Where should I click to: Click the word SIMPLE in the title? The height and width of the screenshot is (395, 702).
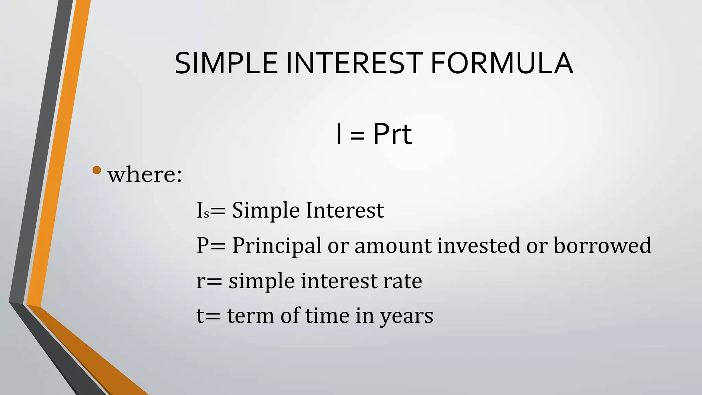tap(226, 63)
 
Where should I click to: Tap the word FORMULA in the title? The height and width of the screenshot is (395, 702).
tap(501, 63)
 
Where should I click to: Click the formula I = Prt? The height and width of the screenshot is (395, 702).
tap(374, 134)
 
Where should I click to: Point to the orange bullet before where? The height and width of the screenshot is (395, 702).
tap(97, 170)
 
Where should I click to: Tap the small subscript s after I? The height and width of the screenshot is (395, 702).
tap(206, 214)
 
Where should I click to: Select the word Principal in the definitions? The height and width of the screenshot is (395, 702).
tap(277, 246)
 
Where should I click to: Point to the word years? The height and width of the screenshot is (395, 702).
tap(407, 316)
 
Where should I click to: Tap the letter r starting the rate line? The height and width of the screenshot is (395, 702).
tap(200, 282)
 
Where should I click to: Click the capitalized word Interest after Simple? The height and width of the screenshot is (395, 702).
tap(345, 210)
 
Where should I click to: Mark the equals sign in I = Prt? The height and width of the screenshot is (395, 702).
tap(358, 135)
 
